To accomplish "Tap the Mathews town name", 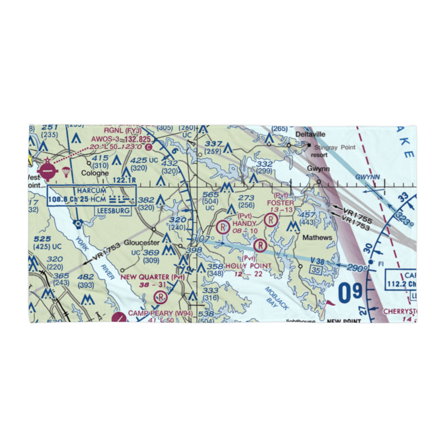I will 318,238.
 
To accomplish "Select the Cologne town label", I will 95,173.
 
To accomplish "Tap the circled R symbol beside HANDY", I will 222,227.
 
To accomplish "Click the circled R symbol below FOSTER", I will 270,219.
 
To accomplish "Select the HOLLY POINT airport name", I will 248,266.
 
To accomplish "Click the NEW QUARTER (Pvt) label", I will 153,277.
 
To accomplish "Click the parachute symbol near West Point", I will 66,171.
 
